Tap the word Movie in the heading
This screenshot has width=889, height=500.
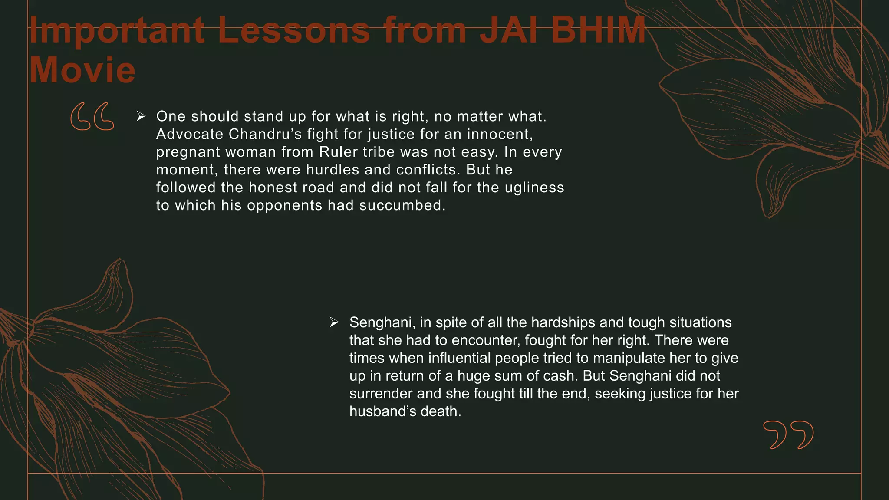[x=82, y=70]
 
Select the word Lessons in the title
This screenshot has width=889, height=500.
[x=294, y=30]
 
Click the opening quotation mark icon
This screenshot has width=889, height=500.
[x=92, y=116]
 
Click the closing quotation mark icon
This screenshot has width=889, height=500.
[x=788, y=434]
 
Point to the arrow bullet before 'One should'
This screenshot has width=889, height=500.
[x=141, y=116]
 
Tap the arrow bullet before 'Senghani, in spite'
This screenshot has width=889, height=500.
[x=334, y=322]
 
